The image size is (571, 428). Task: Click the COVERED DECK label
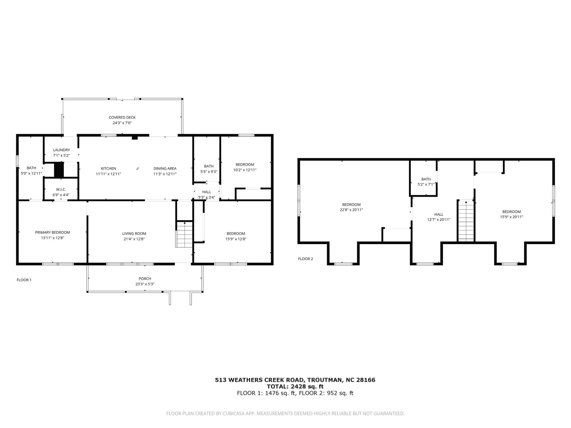122,117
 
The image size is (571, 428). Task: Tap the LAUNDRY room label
61,150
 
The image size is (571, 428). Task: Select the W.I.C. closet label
61,189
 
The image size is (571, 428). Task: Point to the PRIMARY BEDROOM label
52,232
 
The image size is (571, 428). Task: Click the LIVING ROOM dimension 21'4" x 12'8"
134,239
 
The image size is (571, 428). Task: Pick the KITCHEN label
108,168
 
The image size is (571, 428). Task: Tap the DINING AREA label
165,168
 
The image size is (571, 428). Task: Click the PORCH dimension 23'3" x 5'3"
145,284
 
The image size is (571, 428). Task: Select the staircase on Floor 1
184,235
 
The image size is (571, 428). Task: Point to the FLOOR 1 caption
24,280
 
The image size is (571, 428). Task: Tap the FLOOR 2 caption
306,259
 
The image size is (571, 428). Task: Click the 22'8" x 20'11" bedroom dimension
351,210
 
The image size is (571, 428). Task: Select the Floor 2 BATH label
426,179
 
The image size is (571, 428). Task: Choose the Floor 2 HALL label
439,214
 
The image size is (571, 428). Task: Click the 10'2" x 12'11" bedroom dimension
245,170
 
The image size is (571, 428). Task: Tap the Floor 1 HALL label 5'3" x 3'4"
207,194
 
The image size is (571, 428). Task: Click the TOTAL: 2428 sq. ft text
295,386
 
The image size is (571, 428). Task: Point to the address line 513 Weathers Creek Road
295,380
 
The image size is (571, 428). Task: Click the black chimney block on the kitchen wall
135,138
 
